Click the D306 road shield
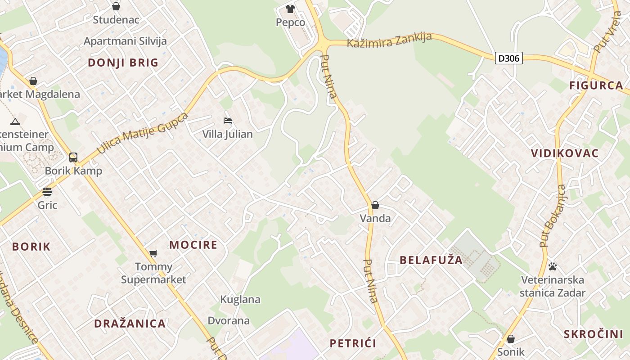point(509,58)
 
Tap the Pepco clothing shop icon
point(290,9)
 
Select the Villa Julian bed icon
point(228,121)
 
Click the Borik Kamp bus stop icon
point(73,157)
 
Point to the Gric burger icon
point(47,192)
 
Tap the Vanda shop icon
point(375,205)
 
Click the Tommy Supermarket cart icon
point(153,253)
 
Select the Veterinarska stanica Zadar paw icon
point(553,266)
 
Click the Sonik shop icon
point(510,338)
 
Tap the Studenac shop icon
point(116,6)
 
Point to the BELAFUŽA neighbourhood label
point(431,260)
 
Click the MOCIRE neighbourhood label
point(193,245)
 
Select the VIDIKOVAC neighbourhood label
point(565,153)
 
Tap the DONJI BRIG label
point(123,63)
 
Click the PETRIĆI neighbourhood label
point(353,344)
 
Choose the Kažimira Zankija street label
point(389,40)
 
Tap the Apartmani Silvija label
point(125,41)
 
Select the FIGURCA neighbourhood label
point(596,85)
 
